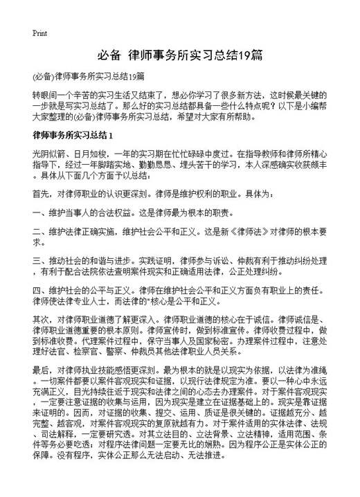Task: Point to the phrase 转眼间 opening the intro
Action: coord(45,93)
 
